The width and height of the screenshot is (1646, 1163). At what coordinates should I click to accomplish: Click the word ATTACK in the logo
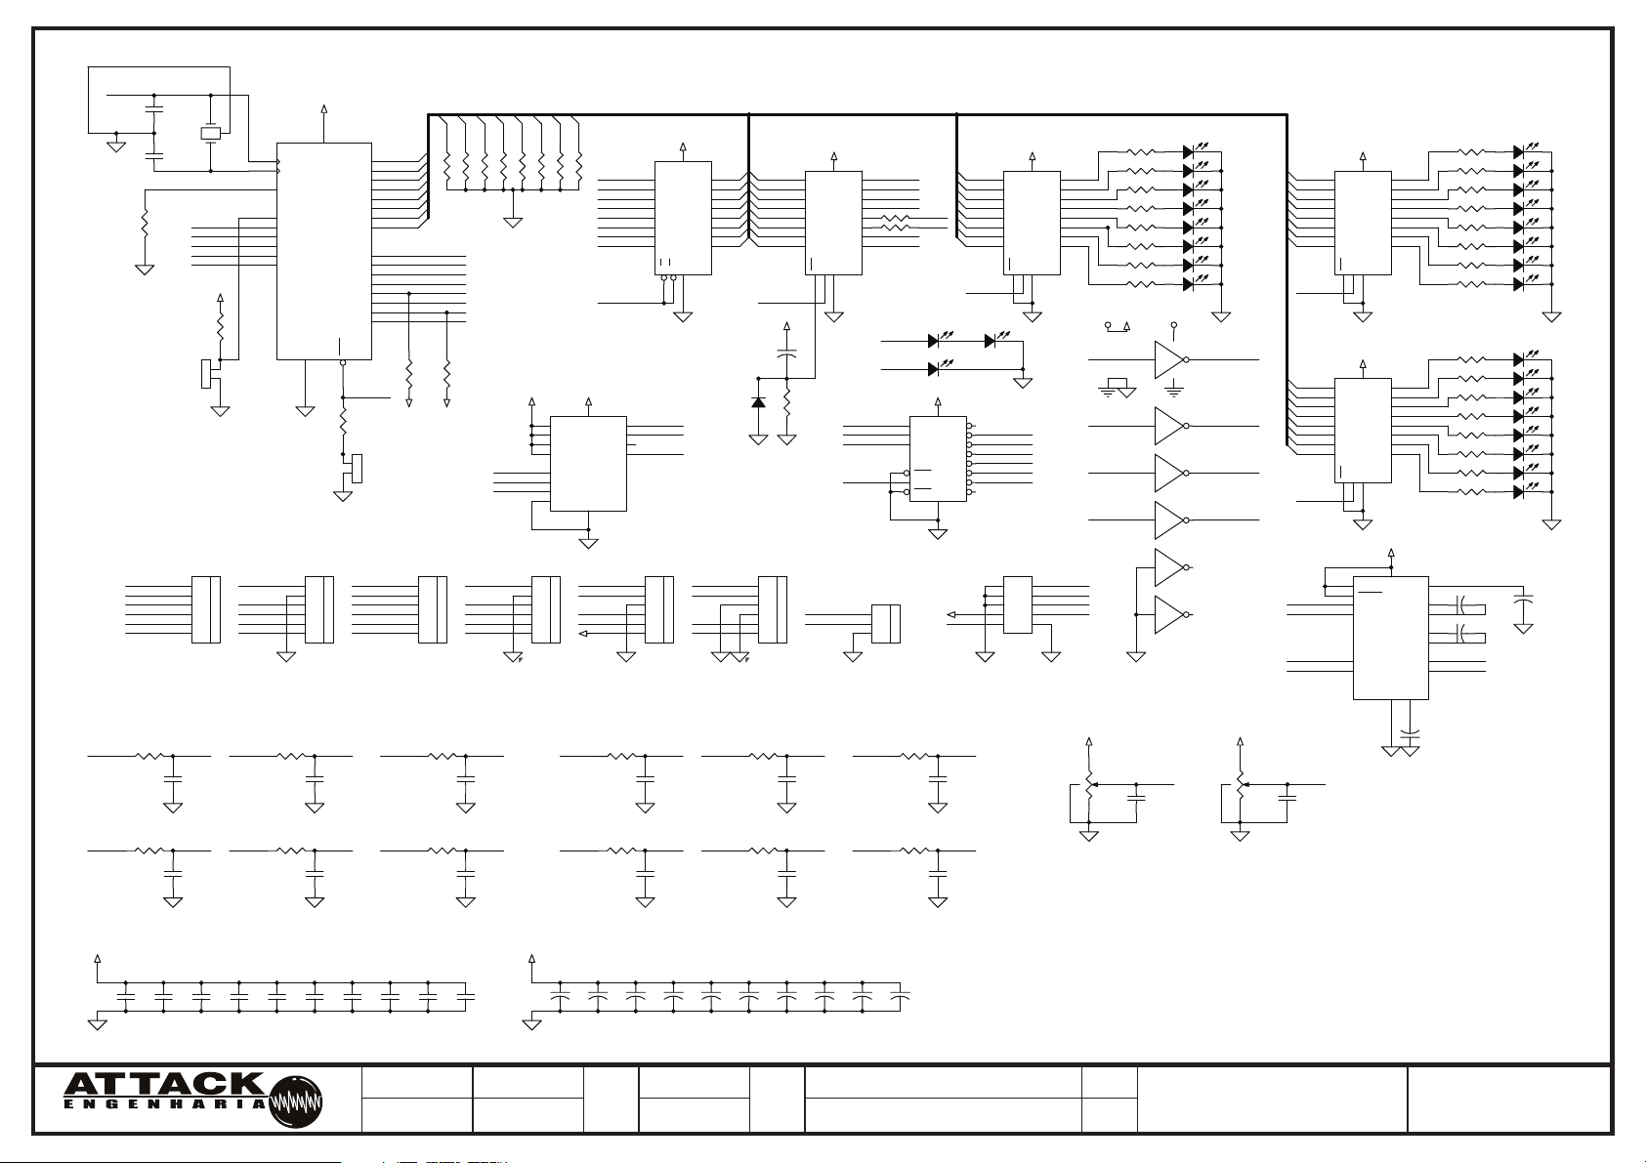[x=164, y=1084]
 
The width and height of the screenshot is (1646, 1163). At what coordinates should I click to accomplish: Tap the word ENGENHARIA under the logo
[x=164, y=1104]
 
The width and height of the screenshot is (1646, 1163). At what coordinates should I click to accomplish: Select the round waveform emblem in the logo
[x=295, y=1102]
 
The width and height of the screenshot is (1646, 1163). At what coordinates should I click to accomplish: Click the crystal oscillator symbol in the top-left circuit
[x=211, y=133]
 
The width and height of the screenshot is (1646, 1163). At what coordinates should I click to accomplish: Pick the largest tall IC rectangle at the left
[x=324, y=251]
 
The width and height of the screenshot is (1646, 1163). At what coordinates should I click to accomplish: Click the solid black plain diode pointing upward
[x=758, y=402]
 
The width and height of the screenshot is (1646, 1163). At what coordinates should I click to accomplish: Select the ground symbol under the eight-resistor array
[x=513, y=222]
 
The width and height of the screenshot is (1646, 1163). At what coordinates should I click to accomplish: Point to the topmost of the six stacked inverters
[x=1169, y=359]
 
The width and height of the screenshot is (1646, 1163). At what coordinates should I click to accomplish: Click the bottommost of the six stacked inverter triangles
[x=1169, y=614]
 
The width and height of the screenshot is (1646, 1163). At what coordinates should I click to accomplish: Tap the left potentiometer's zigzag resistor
[x=1089, y=784]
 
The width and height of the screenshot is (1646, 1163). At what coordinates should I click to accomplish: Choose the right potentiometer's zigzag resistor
[x=1241, y=784]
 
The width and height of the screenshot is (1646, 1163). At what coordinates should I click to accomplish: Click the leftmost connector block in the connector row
[x=206, y=609]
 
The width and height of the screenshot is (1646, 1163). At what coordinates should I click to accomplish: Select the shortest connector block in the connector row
[x=886, y=624]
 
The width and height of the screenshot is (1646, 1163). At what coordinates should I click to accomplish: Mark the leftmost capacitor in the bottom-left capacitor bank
[x=126, y=997]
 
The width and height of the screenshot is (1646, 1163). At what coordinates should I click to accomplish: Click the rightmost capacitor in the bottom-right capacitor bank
[x=900, y=997]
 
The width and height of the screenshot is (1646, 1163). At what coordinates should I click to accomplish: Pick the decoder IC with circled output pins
[x=939, y=459]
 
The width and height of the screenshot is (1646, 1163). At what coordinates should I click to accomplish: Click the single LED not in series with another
[x=933, y=369]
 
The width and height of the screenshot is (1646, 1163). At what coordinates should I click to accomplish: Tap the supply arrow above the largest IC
[x=324, y=109]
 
